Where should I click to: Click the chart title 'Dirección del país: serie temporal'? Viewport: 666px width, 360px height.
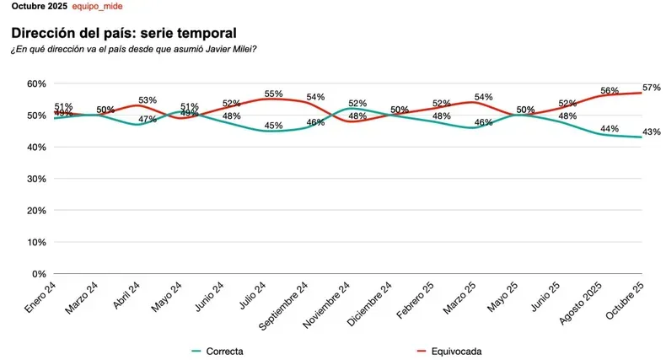123,33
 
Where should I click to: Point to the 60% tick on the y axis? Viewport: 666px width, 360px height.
35,83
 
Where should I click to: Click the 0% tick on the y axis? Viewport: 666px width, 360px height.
38,274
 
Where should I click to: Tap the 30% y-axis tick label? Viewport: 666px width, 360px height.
35,179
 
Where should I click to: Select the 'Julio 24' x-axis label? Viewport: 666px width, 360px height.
253,298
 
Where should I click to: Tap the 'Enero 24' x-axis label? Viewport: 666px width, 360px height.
39,298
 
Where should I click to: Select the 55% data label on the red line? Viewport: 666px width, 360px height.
274,93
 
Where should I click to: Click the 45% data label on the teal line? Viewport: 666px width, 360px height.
274,126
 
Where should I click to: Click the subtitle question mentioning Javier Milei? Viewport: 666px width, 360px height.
134,49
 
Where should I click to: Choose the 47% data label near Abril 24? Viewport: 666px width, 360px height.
148,119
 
